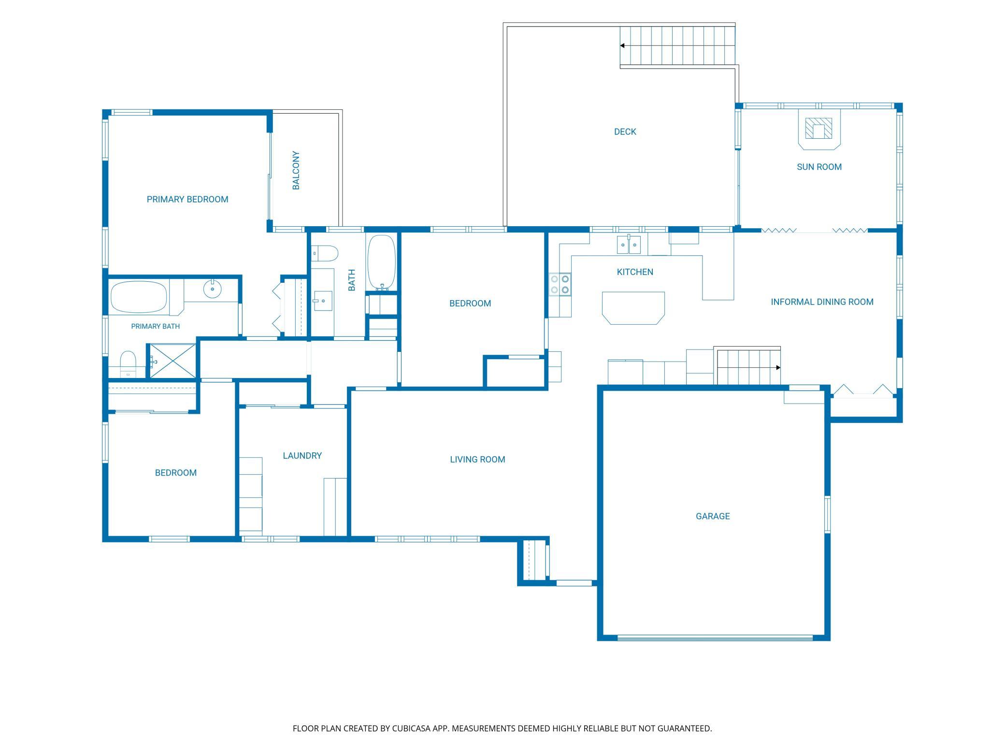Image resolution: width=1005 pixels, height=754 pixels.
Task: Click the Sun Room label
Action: click(x=819, y=167)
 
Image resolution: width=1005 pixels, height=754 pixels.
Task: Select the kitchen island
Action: click(x=633, y=308)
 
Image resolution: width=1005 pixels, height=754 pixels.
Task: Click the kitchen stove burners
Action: click(x=560, y=284)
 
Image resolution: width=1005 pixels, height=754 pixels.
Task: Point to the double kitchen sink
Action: click(x=629, y=245)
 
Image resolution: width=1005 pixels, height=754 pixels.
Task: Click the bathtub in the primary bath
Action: click(x=139, y=297)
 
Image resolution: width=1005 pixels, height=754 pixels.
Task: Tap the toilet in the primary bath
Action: click(x=128, y=364)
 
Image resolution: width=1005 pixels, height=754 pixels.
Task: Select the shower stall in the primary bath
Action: click(x=172, y=361)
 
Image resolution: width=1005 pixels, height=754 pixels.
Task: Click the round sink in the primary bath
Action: click(x=212, y=289)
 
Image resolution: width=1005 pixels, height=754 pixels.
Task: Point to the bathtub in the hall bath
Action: click(x=382, y=262)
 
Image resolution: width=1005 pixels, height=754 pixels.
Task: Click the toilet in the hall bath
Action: click(x=324, y=253)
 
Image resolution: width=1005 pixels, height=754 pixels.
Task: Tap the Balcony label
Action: click(x=296, y=170)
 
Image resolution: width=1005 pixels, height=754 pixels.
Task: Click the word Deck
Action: click(x=625, y=131)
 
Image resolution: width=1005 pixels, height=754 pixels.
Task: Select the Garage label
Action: click(x=713, y=516)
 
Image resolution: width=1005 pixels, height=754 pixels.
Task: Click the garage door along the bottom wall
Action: click(x=715, y=638)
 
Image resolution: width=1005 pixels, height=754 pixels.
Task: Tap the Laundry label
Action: click(x=302, y=455)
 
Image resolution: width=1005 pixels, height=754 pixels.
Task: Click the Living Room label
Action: click(x=477, y=459)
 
